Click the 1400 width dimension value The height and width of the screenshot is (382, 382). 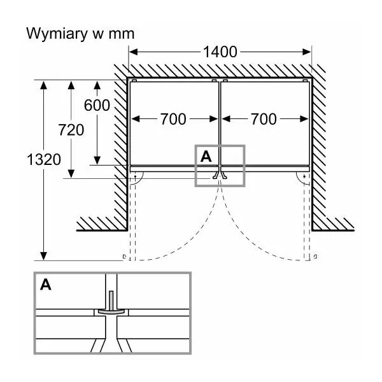tap(220, 52)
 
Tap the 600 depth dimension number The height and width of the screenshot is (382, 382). tap(97, 106)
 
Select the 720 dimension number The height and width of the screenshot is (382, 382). tap(71, 130)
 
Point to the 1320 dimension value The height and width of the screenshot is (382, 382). tap(44, 160)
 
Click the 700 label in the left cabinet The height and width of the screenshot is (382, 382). tap(173, 119)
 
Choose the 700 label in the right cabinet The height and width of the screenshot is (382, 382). tap(264, 119)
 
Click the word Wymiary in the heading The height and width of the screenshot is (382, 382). tap(57, 34)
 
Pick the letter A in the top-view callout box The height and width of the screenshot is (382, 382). tap(206, 157)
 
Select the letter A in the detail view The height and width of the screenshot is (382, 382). tap(46, 285)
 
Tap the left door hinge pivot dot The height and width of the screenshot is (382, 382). tap(135, 176)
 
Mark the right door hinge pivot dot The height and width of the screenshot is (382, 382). tap(304, 176)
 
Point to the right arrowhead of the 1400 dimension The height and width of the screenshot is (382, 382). tap(306, 52)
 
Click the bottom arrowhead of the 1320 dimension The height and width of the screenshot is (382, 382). tap(43, 256)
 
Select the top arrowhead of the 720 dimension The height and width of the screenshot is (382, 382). tap(71, 85)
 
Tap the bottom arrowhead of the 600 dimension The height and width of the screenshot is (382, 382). tap(97, 160)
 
